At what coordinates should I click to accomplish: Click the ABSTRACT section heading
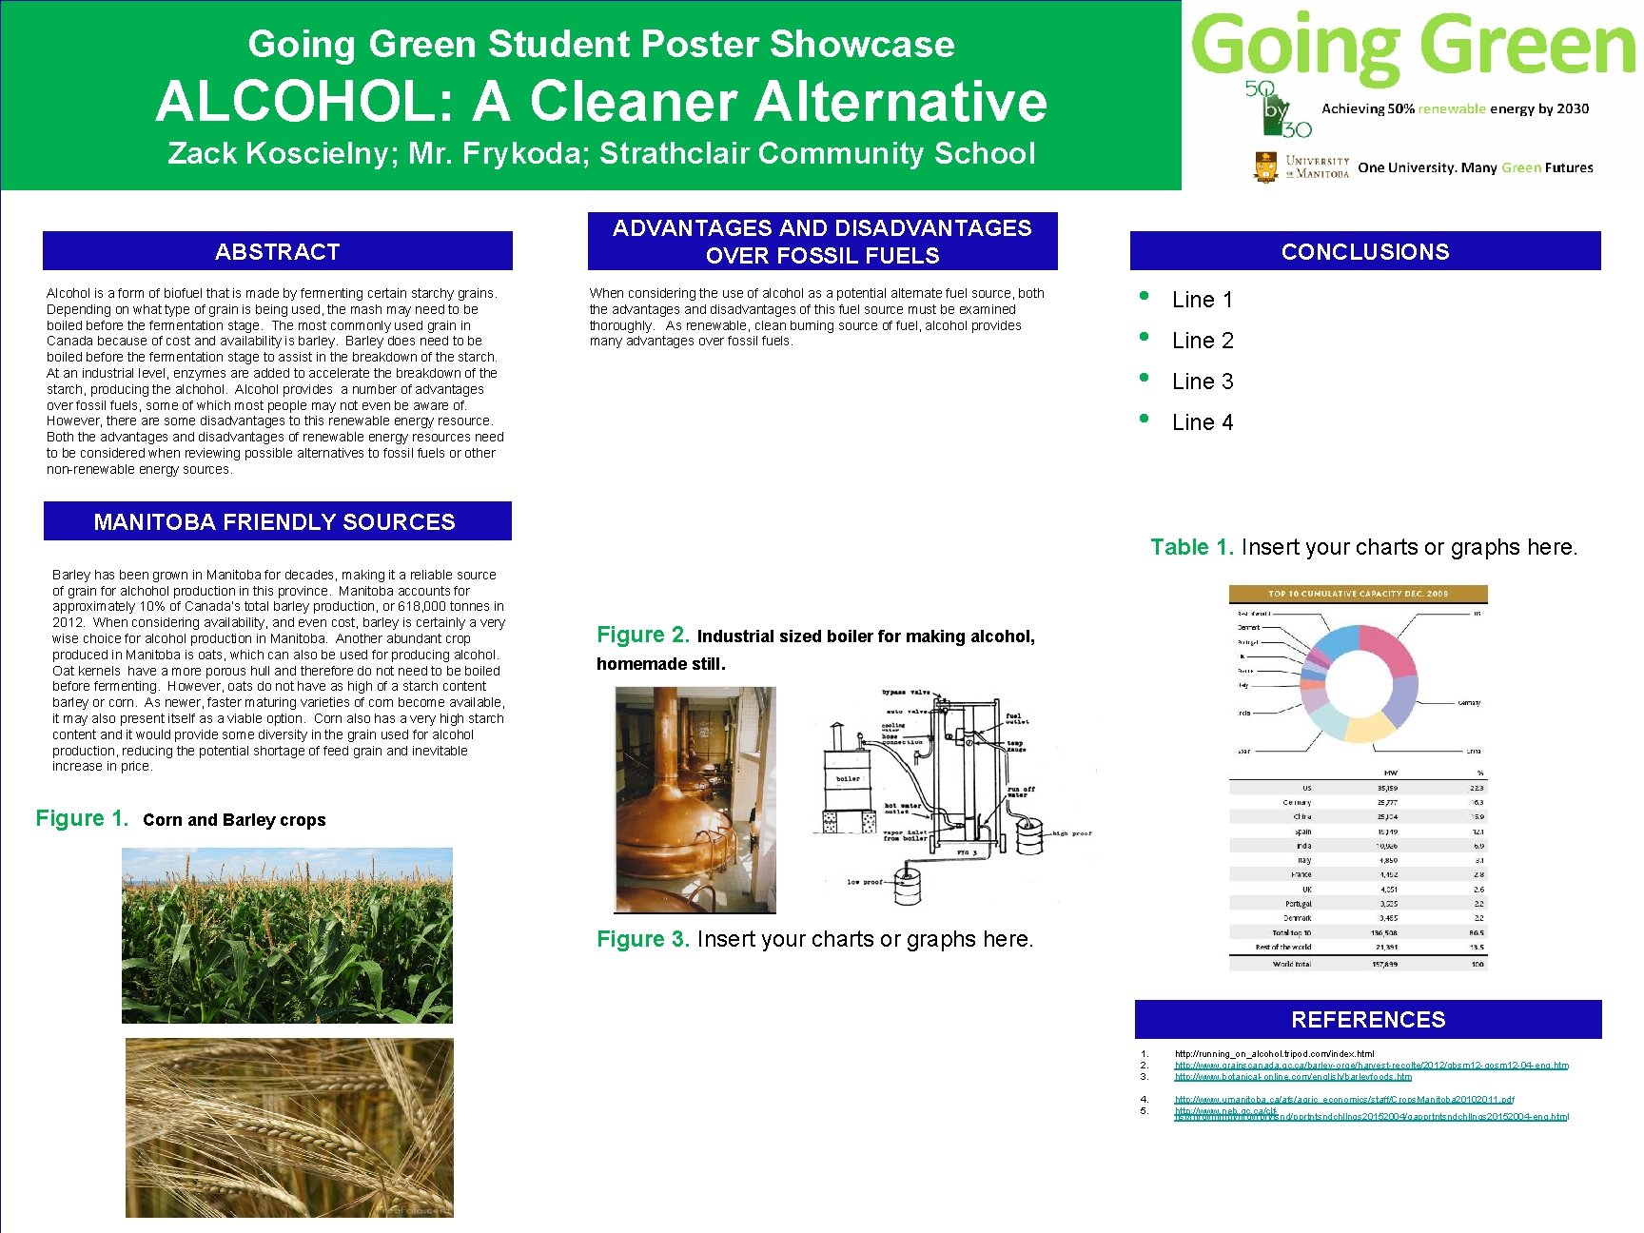click(x=277, y=251)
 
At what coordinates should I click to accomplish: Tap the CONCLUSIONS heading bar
click(x=1364, y=251)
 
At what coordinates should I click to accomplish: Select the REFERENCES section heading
click(x=1367, y=1019)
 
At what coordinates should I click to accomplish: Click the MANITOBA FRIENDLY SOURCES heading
click(x=274, y=521)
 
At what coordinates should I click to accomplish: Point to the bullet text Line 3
click(x=1203, y=382)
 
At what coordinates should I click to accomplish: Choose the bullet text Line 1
click(x=1203, y=300)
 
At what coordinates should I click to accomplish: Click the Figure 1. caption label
click(x=82, y=818)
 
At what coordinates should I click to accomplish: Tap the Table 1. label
click(x=1191, y=547)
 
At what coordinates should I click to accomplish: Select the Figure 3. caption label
click(x=642, y=939)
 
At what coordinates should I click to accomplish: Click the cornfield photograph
click(x=287, y=935)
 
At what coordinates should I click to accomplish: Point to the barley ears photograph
click(x=289, y=1127)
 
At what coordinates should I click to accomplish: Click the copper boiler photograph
click(x=695, y=799)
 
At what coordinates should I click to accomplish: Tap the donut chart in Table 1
click(x=1358, y=682)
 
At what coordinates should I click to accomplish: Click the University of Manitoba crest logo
click(x=1265, y=166)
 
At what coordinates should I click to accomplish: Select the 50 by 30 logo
click(x=1277, y=108)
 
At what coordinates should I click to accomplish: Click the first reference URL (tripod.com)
click(x=1274, y=1053)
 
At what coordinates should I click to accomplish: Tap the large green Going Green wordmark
click(x=1412, y=45)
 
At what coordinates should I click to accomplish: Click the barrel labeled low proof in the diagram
click(x=908, y=887)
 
